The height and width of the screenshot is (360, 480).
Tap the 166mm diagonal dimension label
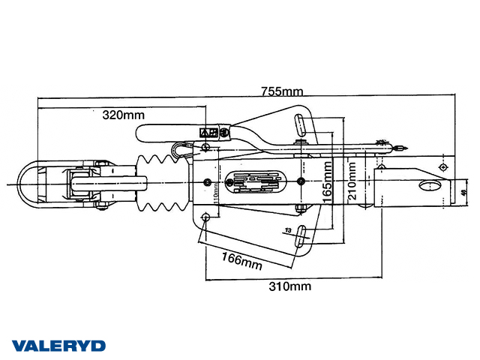point(241,260)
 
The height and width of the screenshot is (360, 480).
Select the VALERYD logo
point(58,346)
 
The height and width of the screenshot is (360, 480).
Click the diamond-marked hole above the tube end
point(442,166)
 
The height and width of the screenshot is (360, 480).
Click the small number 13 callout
point(287,230)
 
